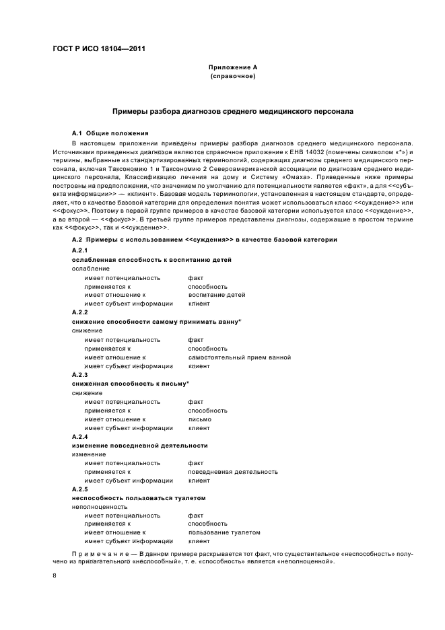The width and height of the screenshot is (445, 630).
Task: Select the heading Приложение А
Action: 232,68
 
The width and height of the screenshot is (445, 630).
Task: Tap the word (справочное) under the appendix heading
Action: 232,77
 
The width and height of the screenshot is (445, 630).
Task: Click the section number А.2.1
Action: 79,250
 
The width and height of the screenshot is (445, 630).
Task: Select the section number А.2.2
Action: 79,312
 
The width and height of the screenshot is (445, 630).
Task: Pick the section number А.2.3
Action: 79,374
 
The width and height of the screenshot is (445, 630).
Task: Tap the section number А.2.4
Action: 79,436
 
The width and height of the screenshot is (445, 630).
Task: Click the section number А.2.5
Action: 79,489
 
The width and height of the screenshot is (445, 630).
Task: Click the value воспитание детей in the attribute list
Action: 217,295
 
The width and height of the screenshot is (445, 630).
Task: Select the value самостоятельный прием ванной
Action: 239,357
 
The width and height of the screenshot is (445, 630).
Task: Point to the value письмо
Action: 200,419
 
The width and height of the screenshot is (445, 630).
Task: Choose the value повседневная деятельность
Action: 233,472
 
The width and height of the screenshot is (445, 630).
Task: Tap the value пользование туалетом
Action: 224,532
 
